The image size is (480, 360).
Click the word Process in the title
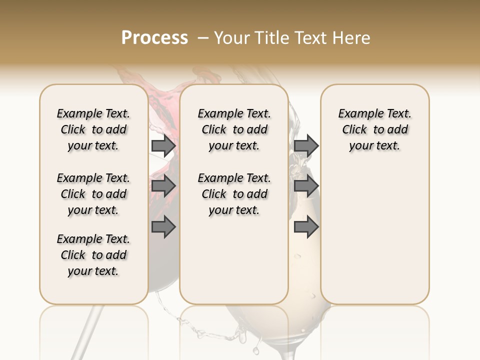154,37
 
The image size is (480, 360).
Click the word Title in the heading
270,38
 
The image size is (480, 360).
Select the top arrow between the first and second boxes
163,145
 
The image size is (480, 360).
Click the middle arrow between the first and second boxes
163,186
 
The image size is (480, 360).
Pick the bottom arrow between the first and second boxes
163,227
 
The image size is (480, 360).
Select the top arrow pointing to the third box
306,145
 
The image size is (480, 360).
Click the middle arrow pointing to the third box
306,186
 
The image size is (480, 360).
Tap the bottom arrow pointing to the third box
306,227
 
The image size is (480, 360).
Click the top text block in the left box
93,129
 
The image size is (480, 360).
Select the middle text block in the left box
93,194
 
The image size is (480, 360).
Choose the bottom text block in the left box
93,255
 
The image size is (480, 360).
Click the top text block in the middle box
234,129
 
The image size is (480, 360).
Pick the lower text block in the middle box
234,194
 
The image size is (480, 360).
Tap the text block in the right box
374,129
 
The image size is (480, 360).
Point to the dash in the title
202,38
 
